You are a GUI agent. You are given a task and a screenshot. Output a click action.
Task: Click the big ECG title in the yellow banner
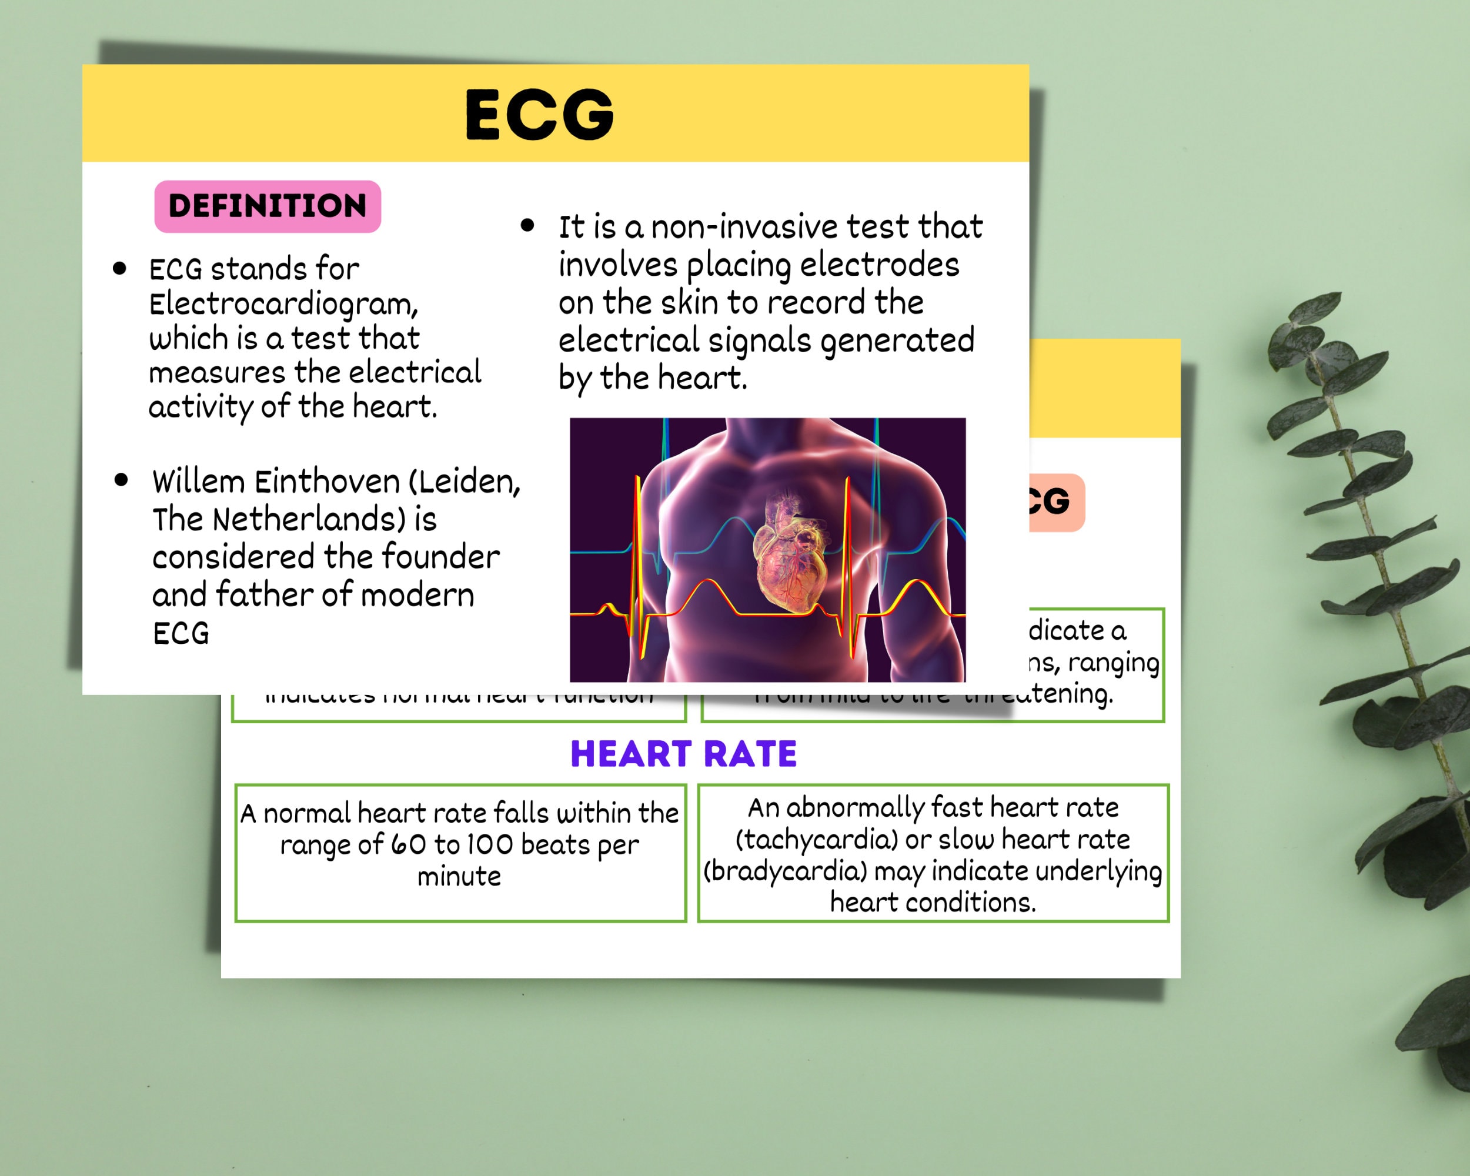pos(539,114)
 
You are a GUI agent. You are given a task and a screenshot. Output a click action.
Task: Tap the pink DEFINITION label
pos(268,206)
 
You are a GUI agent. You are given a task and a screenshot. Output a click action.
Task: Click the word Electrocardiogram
pos(282,304)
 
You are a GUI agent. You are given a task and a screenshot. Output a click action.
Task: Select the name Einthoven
pos(328,482)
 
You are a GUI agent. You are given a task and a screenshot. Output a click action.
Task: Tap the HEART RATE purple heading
pos(683,754)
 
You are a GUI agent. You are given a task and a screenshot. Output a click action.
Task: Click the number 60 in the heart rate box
pos(409,845)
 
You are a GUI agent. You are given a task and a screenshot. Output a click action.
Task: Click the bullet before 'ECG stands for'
pos(120,269)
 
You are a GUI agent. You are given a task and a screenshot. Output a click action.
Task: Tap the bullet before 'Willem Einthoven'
pos(121,480)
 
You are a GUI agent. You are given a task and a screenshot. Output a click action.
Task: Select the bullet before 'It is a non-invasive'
pos(527,226)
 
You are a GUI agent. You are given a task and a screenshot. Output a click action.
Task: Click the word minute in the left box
pos(459,876)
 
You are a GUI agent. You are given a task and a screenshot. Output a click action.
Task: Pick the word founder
pos(440,557)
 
